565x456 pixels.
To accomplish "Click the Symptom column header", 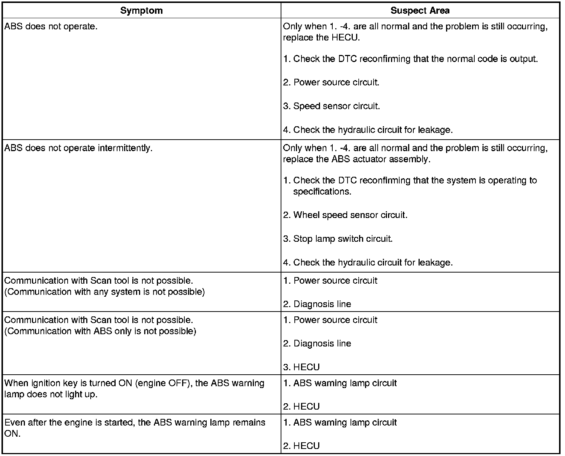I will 141,11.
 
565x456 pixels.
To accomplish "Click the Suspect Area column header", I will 420,11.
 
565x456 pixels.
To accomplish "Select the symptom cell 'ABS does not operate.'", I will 51,27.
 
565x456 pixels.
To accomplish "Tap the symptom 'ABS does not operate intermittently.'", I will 78,148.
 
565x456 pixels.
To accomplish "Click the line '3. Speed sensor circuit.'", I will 331,106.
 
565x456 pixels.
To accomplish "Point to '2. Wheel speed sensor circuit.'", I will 345,215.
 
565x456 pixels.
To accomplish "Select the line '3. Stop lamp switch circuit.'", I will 338,239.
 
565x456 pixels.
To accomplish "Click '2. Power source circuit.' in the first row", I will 331,82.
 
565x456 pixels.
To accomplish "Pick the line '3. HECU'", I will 301,367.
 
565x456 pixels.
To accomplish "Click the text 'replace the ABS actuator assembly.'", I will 356,159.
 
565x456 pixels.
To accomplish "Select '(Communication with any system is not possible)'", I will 104,292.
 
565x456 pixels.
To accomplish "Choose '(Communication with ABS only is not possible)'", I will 100,331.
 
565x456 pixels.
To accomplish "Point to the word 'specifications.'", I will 322,192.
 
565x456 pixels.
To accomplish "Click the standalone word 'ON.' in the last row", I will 12,434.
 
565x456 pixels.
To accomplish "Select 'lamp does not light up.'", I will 51,394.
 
